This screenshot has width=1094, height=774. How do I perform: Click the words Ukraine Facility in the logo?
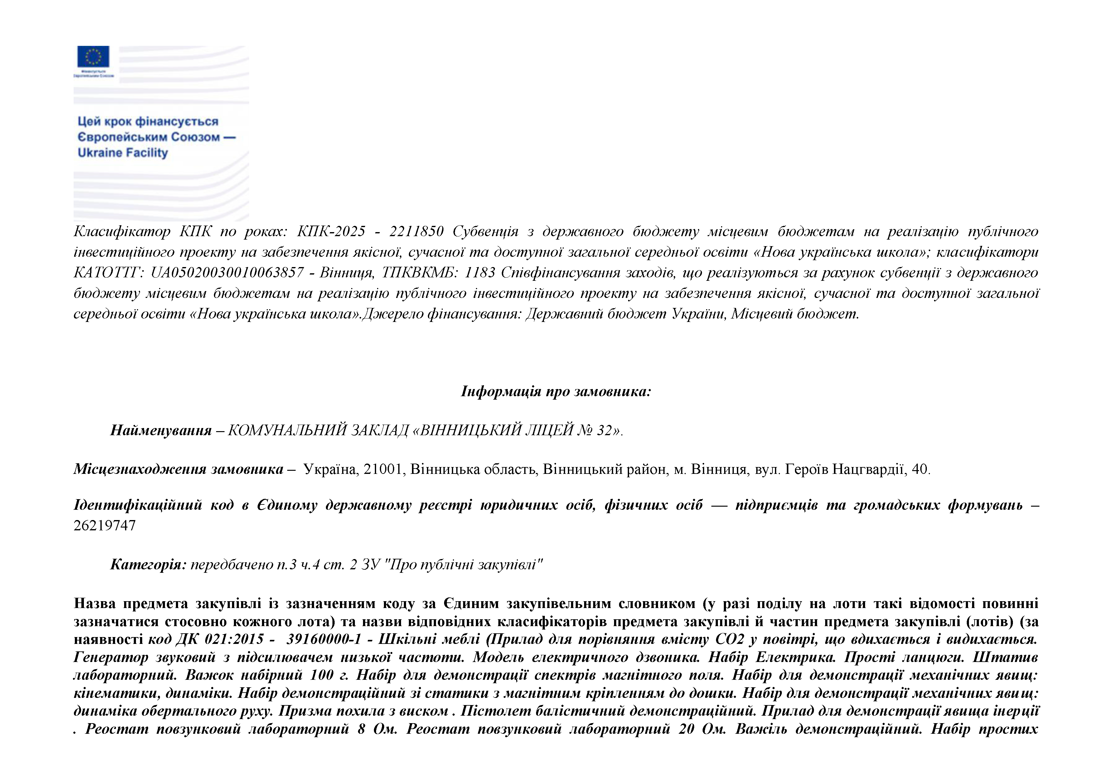tap(123, 153)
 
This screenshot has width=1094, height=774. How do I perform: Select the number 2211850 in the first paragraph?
tap(416, 231)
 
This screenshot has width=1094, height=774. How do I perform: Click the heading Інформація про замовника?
tap(556, 392)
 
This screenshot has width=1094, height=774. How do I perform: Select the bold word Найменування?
tap(161, 431)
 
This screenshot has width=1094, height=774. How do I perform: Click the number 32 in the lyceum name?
tap(604, 431)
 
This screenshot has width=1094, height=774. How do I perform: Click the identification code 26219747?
tap(105, 526)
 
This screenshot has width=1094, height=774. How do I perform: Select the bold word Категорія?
tap(148, 565)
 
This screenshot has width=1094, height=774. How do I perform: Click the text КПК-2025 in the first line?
tap(331, 231)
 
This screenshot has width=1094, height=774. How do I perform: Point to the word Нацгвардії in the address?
tap(868, 470)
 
